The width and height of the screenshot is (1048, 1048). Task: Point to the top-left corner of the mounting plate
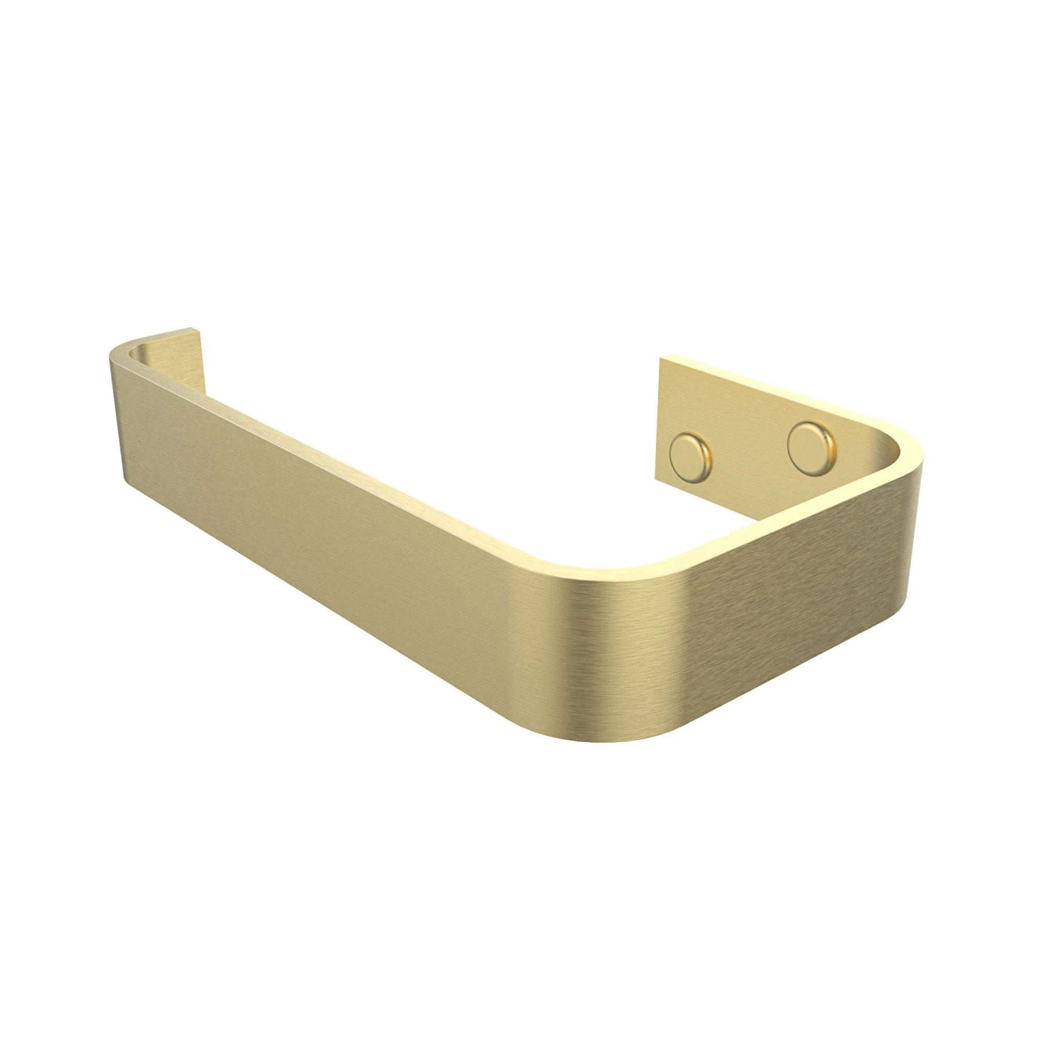(660, 358)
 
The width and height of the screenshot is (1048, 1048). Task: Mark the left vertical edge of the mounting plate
(660, 419)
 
